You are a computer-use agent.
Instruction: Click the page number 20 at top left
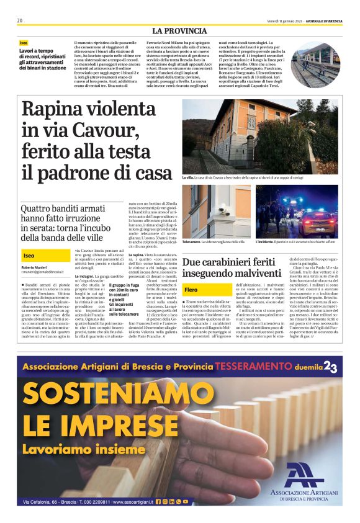[x=20, y=20]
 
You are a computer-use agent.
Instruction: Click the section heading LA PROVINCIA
[x=179, y=31]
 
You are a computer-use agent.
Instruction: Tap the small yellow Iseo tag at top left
[x=24, y=42]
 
